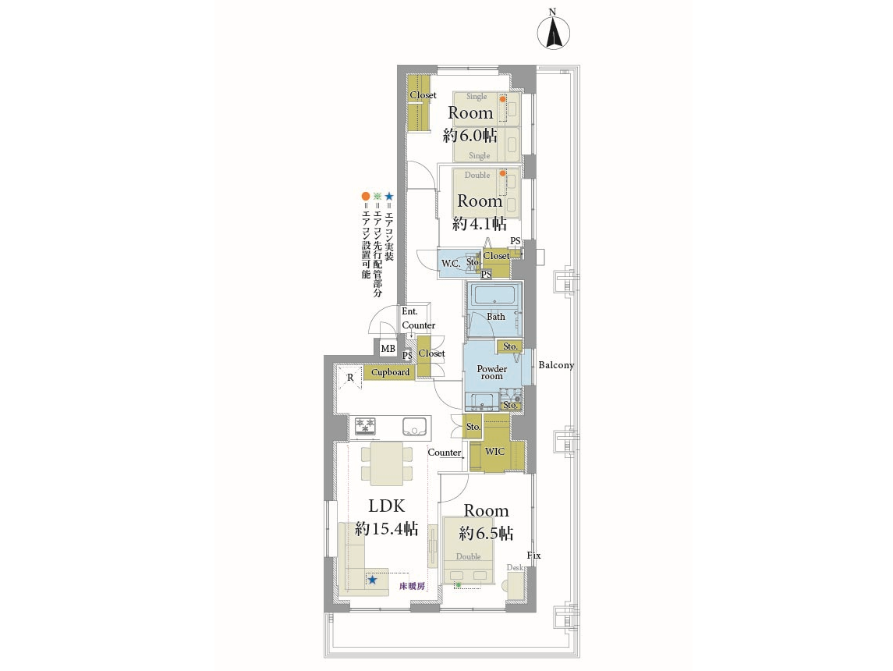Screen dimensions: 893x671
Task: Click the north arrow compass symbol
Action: (554, 33)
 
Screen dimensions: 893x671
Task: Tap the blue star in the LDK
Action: (373, 580)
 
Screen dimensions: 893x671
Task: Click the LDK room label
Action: (387, 506)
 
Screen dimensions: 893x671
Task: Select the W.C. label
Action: (451, 263)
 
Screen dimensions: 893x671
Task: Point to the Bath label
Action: (495, 317)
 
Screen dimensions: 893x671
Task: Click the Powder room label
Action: (491, 372)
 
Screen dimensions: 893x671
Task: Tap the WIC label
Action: (494, 451)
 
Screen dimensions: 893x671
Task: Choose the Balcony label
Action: (556, 365)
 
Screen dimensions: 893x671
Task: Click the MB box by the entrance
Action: (388, 349)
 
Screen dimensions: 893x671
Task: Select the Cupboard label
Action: (390, 372)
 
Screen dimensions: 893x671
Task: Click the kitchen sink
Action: (415, 426)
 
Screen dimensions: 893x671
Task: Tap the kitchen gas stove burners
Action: (366, 426)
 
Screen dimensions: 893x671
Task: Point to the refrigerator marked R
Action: (349, 377)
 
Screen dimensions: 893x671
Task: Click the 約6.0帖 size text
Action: (470, 136)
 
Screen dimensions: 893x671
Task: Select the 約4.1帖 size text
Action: (480, 223)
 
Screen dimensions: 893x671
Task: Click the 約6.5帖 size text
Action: (487, 533)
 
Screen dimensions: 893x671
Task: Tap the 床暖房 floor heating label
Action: (412, 586)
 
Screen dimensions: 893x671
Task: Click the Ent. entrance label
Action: (409, 311)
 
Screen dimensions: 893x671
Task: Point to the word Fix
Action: (533, 556)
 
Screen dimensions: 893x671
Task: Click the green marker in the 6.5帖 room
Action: (458, 585)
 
